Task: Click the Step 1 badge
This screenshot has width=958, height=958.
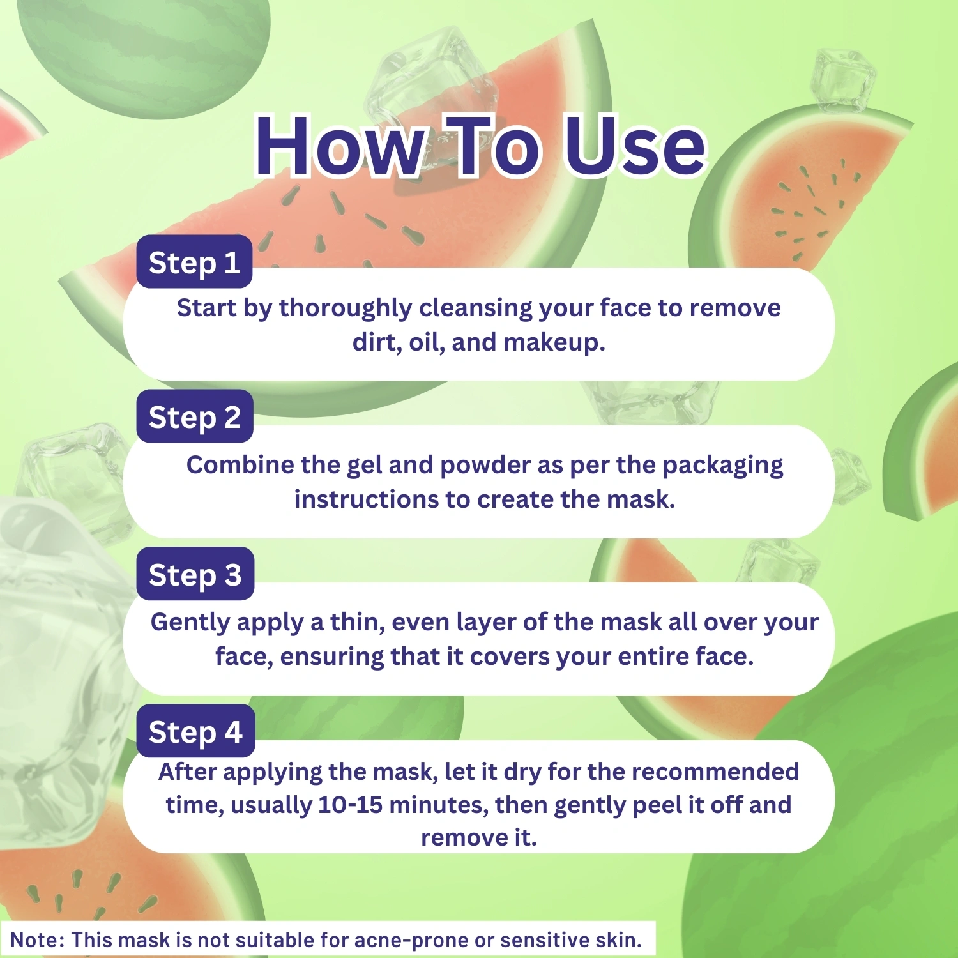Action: tap(194, 262)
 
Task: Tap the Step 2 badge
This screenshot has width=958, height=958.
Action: tap(195, 416)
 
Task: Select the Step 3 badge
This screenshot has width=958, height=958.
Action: tap(195, 574)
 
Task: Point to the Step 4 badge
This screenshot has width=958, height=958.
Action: tap(195, 731)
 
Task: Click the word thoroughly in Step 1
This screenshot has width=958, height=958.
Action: tap(346, 308)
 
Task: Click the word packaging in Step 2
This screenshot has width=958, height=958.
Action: tap(722, 466)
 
